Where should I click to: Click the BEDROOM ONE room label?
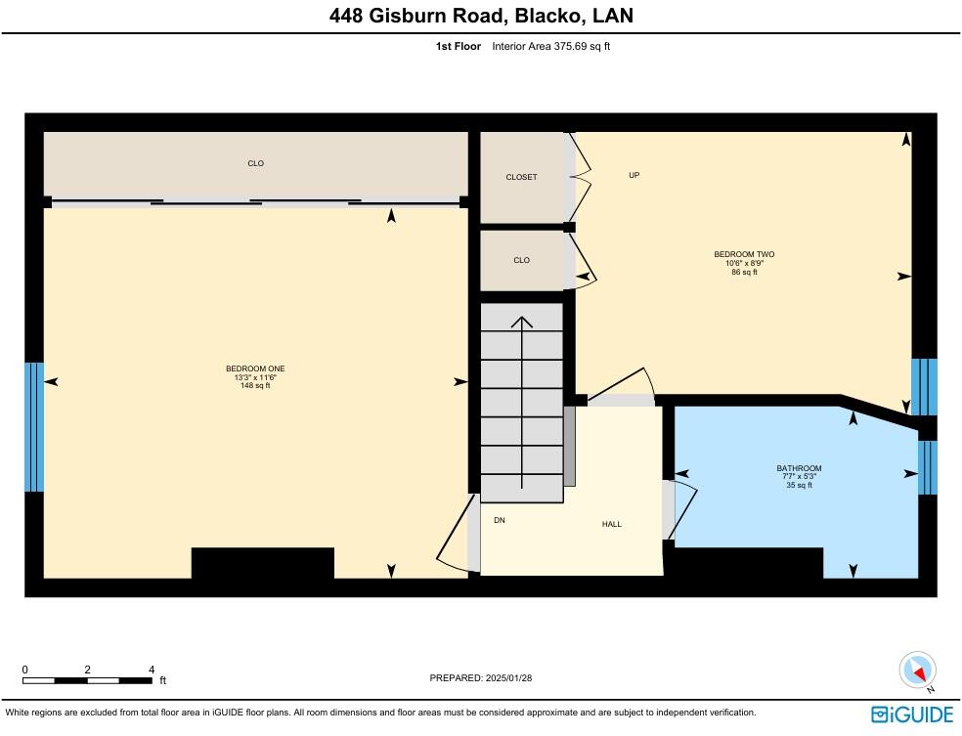coord(255,368)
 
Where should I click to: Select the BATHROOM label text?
coord(799,468)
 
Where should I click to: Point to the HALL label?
coord(611,525)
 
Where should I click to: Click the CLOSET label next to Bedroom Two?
coord(521,177)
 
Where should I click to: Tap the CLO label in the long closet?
coord(255,163)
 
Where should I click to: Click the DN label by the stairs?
coord(499,520)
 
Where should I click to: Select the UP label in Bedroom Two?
coord(634,175)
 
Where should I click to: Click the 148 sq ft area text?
coord(255,386)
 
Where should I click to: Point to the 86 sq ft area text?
coord(744,272)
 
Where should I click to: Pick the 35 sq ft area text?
coord(799,485)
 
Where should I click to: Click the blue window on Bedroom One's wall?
coord(34,427)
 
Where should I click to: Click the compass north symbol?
coord(918,671)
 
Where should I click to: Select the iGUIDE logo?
coord(912,713)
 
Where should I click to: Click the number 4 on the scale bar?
coord(151,670)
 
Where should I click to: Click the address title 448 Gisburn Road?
coord(480,16)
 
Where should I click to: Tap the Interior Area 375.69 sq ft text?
coord(550,46)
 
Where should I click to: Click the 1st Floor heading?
coord(458,46)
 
